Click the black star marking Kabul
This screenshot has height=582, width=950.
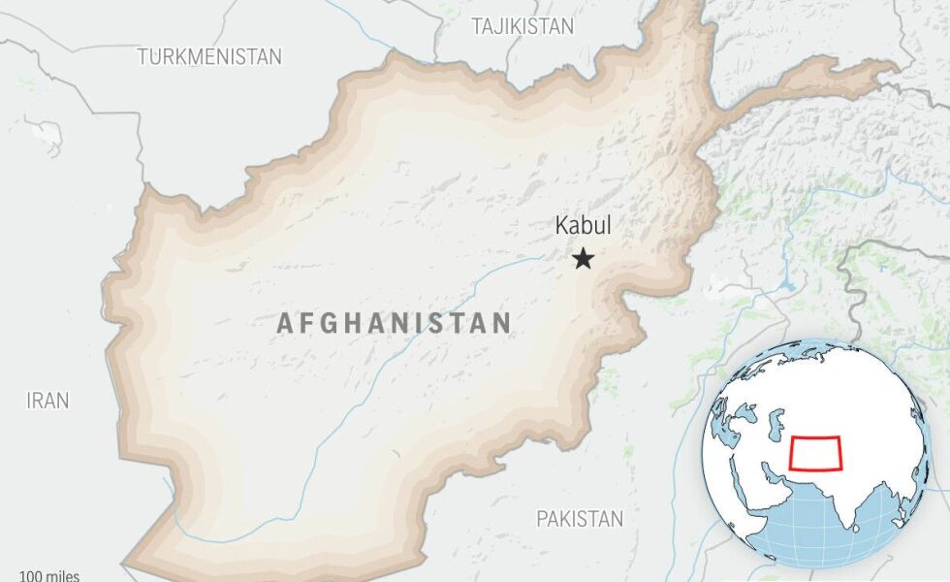[583, 259]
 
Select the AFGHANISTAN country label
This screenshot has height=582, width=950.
[394, 323]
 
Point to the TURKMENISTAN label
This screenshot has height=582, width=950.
[209, 56]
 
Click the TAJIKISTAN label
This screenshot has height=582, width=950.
[522, 26]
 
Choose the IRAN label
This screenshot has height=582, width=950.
[47, 401]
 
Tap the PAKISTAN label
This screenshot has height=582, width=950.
[580, 519]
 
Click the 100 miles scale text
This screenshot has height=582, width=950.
[48, 576]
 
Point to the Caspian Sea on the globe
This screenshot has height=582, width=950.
[776, 424]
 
